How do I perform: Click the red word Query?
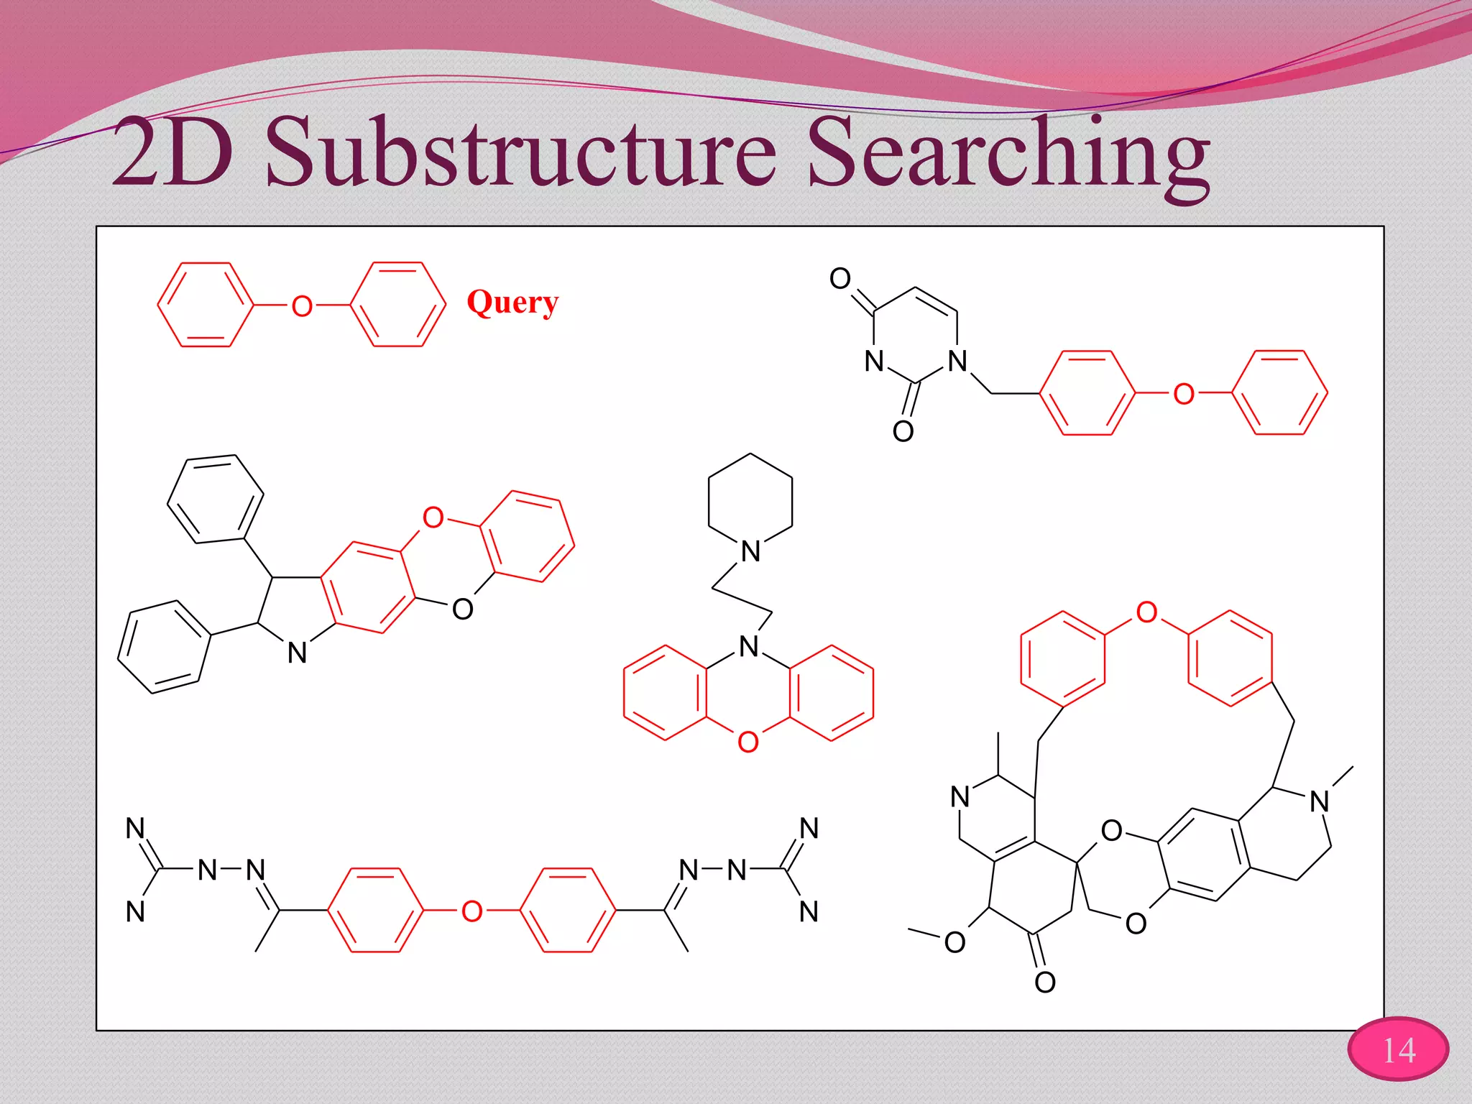click(512, 303)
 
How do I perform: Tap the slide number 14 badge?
click(1398, 1050)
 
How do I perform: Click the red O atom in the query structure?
click(302, 307)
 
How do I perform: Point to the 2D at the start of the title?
click(172, 153)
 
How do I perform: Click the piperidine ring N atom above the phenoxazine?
click(750, 551)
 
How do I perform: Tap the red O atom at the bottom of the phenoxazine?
click(748, 742)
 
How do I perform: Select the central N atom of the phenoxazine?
click(749, 646)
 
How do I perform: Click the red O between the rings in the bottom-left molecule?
click(471, 911)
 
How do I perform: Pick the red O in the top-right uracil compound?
click(1183, 394)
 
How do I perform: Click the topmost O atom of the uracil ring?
click(839, 278)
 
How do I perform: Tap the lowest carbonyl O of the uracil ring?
click(903, 431)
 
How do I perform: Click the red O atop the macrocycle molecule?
click(1146, 612)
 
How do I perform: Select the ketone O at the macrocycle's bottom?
click(1045, 982)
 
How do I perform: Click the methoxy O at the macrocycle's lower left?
click(954, 942)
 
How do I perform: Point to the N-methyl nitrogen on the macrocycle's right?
click(1319, 801)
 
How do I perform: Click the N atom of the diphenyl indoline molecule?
click(297, 653)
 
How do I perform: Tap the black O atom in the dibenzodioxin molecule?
click(462, 609)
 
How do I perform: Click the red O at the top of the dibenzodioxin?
click(433, 517)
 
